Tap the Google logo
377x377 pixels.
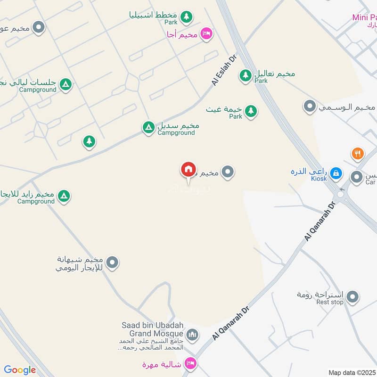coord(20,370)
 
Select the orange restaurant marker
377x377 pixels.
coord(358,153)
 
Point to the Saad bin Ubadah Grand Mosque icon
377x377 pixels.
coord(192,335)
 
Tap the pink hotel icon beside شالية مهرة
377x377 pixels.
coord(190,363)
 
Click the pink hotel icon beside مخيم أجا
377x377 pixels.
coord(206,33)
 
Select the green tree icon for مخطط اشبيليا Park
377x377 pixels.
coord(187,17)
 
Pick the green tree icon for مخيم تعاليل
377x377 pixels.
coord(245,75)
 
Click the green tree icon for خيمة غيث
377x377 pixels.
coord(251,111)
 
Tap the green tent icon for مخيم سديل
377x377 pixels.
coord(148,127)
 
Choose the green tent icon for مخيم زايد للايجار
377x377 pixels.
coord(64,196)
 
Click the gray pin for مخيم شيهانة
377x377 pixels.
coord(112,262)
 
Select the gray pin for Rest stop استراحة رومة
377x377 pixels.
coord(352,297)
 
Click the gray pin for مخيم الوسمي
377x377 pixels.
coord(310,107)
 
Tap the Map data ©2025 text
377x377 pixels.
coord(352,372)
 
